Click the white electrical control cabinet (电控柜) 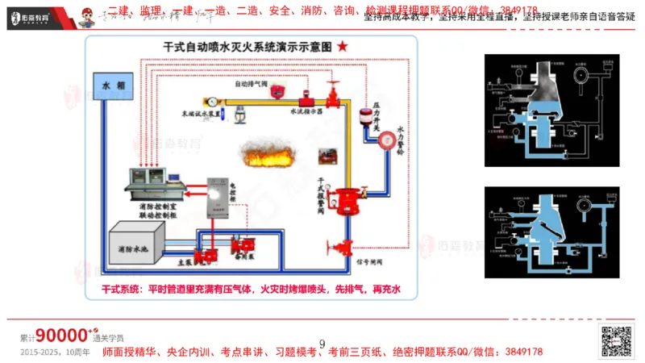218,197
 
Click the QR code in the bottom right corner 618,342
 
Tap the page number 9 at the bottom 322,344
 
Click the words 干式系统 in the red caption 121,289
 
